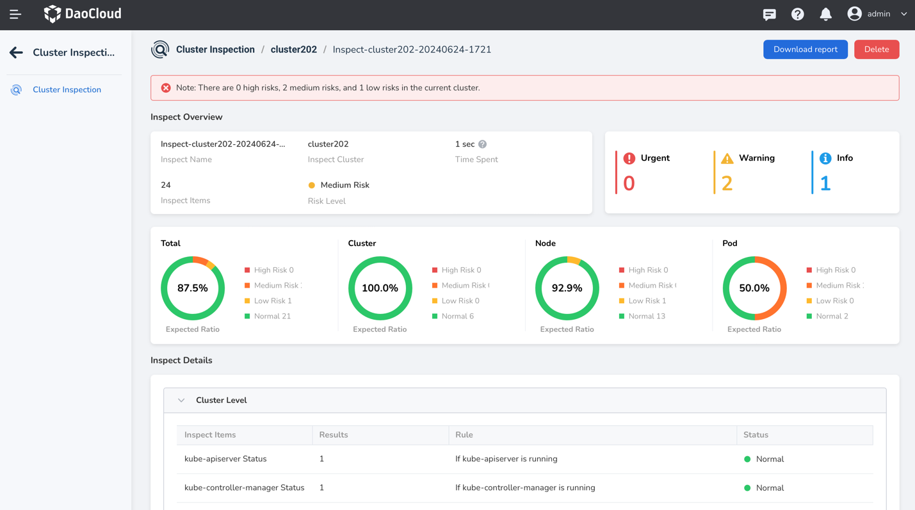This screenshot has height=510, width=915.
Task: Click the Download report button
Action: [805, 49]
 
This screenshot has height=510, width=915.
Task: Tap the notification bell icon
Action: [825, 14]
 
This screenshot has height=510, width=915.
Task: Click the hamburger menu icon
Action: [15, 14]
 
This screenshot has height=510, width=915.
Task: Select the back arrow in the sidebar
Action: [16, 53]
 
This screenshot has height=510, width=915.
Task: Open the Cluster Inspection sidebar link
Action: [67, 90]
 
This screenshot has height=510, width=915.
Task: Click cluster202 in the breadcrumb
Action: [293, 49]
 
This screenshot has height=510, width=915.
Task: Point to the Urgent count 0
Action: [629, 183]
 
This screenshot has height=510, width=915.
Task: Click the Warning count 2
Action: [727, 183]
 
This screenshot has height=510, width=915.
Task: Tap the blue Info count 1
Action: [825, 183]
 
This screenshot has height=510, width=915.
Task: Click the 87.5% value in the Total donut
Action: [193, 288]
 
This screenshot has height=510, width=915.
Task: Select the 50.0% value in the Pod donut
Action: [754, 288]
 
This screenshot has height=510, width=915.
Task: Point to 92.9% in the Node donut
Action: [567, 288]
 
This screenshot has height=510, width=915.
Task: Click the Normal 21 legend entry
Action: [272, 316]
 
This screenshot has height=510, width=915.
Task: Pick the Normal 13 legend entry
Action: [647, 316]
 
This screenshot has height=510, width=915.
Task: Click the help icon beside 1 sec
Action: [482, 144]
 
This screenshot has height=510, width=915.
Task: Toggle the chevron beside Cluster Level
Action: [181, 400]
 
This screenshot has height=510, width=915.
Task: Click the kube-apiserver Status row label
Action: [225, 459]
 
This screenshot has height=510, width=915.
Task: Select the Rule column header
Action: [464, 435]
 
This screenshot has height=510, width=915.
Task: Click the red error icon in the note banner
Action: [166, 88]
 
